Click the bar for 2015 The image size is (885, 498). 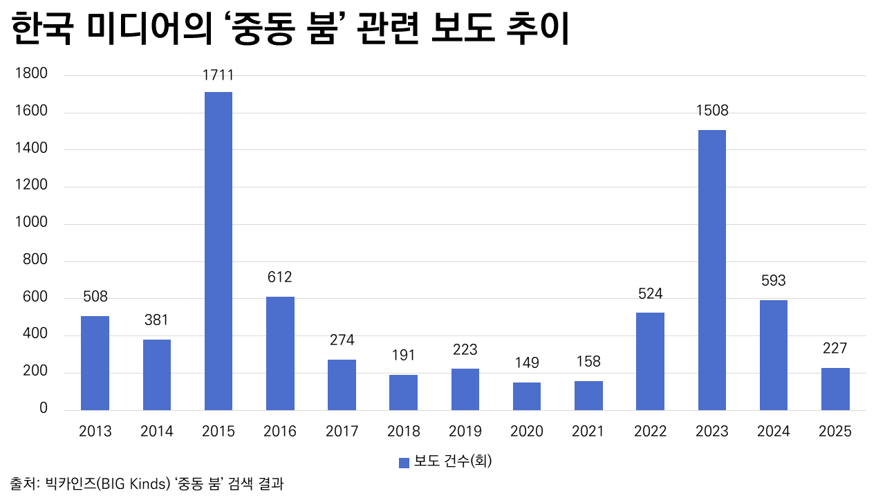218,251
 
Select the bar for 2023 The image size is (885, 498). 711,270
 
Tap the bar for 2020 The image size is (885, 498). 527,396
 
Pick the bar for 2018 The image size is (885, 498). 403,392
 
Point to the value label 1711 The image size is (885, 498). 218,75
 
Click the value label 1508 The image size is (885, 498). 712,111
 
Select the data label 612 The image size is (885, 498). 280,277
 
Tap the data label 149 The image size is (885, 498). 527,363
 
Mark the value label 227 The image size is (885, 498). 835,349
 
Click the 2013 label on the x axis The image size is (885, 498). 95,432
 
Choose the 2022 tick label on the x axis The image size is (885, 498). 650,432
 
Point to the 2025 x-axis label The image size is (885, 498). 835,432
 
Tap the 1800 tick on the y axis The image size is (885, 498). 32,74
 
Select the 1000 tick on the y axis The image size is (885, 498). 32,223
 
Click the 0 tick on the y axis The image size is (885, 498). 43,409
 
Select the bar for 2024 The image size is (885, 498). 773,355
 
